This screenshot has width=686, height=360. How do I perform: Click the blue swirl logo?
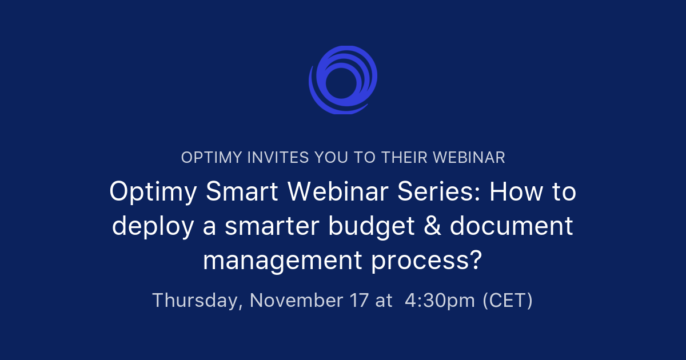pos(343,79)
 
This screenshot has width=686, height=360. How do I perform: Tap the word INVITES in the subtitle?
pos(273,158)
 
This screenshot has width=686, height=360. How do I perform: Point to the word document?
pos(512,226)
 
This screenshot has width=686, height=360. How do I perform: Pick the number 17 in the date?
pos(358,300)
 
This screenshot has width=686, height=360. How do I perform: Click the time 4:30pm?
pos(440,301)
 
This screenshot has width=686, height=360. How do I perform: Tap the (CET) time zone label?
pos(508,301)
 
